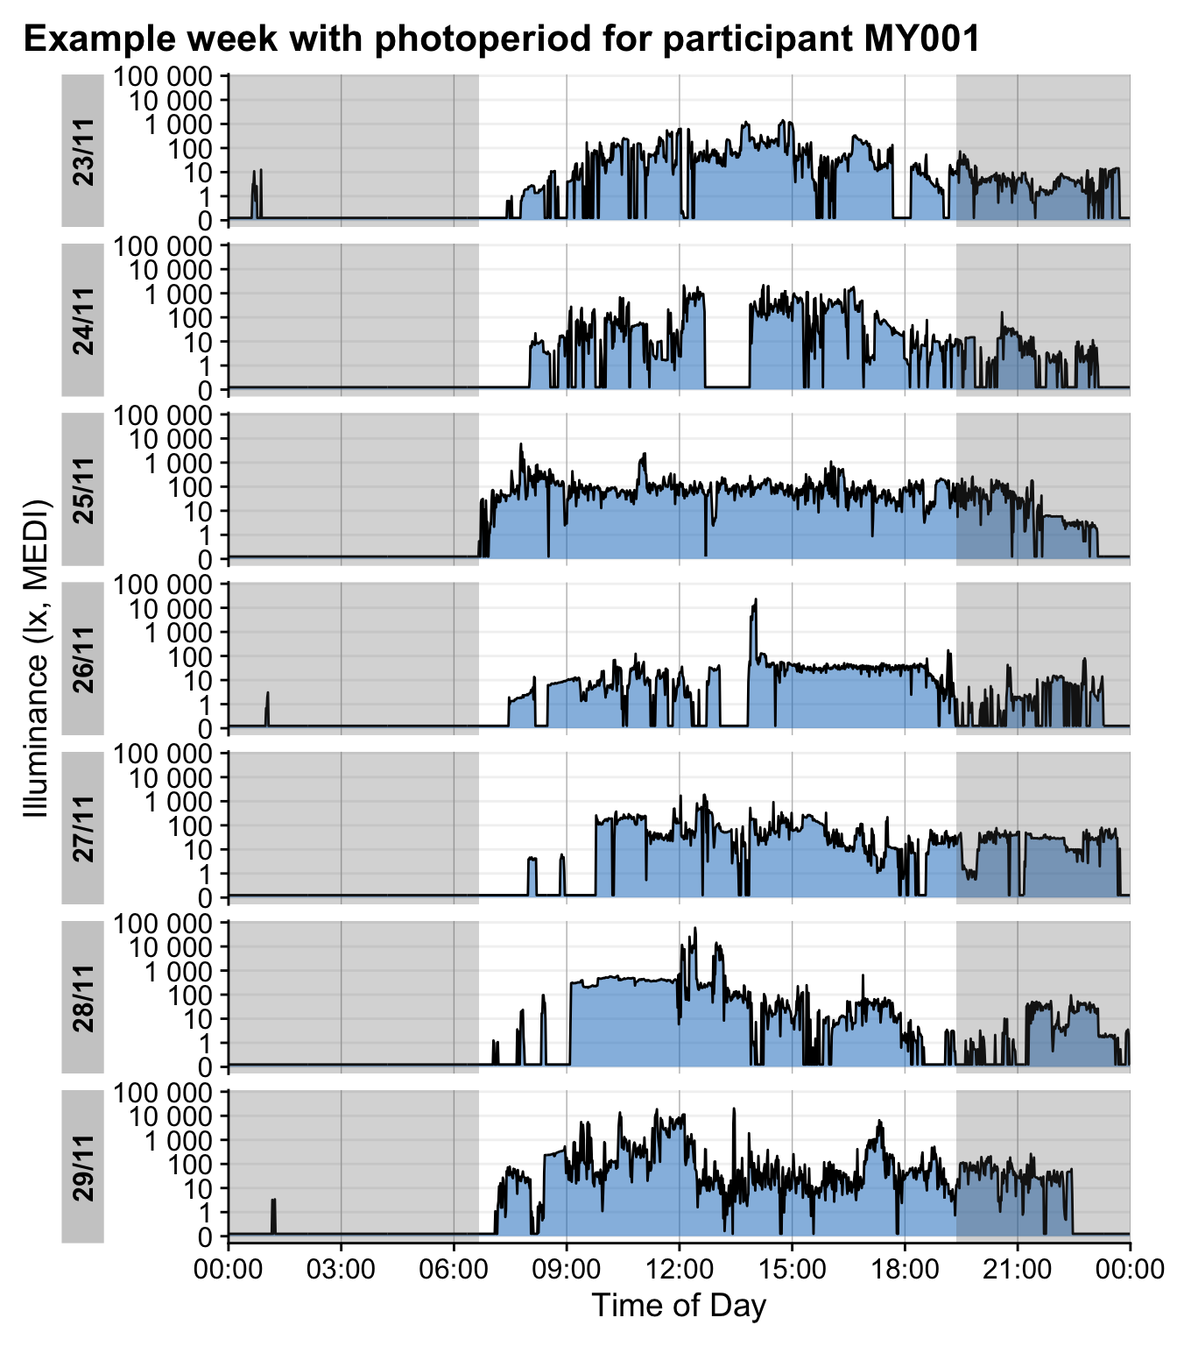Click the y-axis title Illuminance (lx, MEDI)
pyautogui.click(x=37, y=657)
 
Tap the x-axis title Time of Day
pyautogui.click(x=679, y=1306)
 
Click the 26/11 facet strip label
pyautogui.click(x=83, y=659)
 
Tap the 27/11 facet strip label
pyautogui.click(x=83, y=828)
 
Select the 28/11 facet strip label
pyautogui.click(x=83, y=997)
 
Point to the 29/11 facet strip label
pyautogui.click(x=83, y=1166)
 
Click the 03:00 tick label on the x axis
pyautogui.click(x=341, y=1269)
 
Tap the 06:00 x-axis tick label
pyautogui.click(x=454, y=1269)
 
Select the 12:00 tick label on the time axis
pyautogui.click(x=679, y=1269)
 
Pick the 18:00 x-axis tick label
pyautogui.click(x=905, y=1269)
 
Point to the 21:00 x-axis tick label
pyautogui.click(x=1018, y=1269)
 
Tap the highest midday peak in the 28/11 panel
pyautogui.click(x=695, y=930)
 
